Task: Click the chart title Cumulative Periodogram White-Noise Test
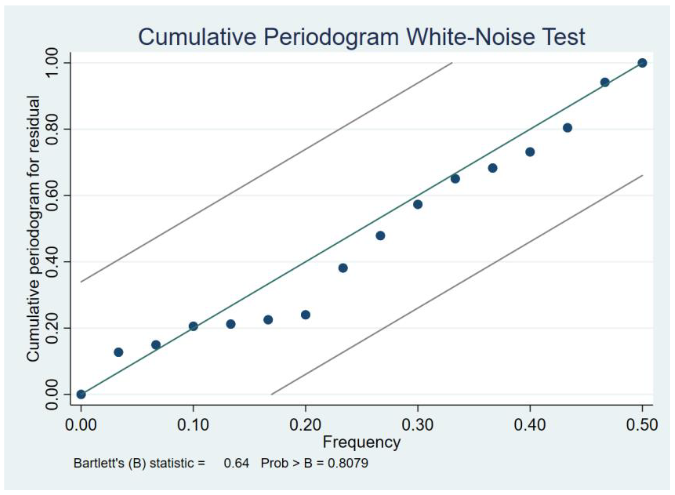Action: (361, 37)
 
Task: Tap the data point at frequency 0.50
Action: (642, 63)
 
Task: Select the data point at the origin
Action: (81, 394)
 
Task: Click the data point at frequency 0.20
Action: (305, 315)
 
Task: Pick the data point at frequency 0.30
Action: (418, 205)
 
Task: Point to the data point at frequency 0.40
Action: (530, 152)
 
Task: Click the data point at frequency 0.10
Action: (193, 326)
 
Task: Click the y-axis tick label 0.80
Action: (53, 129)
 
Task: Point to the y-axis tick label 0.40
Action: (53, 262)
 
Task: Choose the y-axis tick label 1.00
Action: (53, 63)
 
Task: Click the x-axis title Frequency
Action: (361, 442)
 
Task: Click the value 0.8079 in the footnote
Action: (347, 463)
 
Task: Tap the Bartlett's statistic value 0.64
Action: (236, 463)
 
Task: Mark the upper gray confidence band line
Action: (267, 172)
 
